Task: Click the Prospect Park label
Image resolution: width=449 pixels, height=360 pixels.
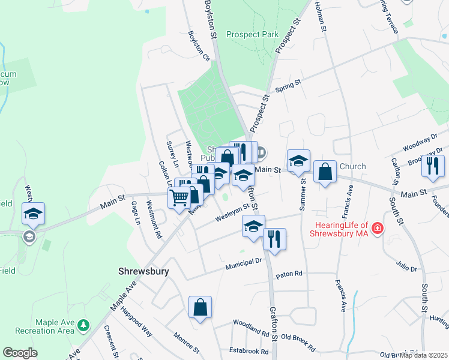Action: point(252,34)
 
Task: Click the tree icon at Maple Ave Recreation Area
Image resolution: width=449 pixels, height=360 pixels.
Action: point(83,326)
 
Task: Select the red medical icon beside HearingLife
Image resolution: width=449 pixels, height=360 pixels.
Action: point(377,227)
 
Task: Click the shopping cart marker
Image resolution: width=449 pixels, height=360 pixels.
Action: point(179,197)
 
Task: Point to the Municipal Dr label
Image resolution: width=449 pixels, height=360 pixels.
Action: point(244,262)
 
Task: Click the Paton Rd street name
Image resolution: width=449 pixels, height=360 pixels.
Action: point(289,275)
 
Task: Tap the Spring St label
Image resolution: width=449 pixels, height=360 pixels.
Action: point(288,88)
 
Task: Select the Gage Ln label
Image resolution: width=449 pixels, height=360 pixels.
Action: point(136,213)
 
